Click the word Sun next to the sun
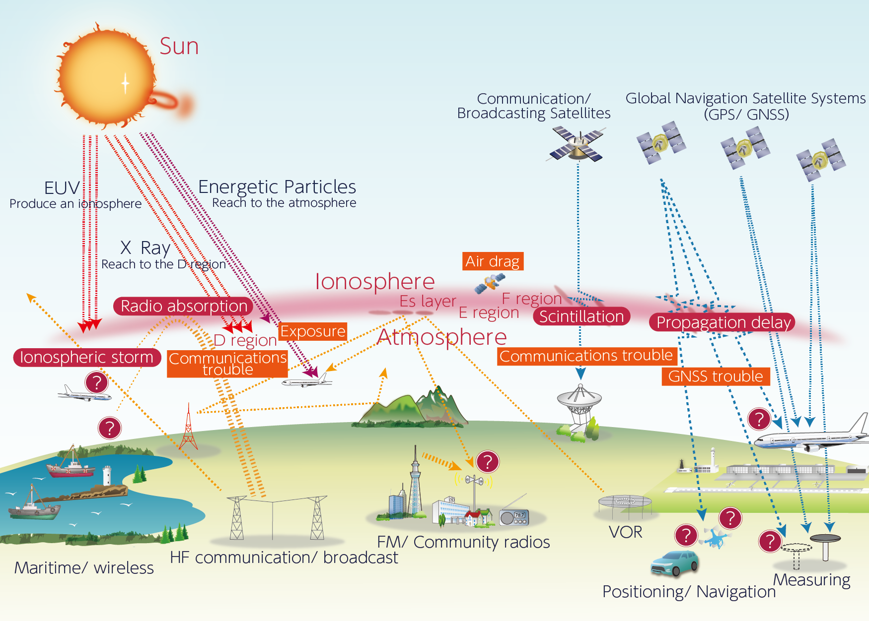point(179,47)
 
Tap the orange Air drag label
point(493,261)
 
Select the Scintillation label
point(581,316)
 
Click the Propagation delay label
point(723,322)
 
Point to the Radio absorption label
point(184,306)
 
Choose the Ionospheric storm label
point(87,357)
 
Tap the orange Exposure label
point(313,331)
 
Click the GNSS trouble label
point(716,376)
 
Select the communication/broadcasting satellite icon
point(578,143)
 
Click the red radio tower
point(188,428)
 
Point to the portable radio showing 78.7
point(514,516)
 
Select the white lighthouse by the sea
point(107,475)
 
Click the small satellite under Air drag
point(490,283)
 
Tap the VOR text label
point(625,532)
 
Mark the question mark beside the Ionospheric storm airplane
point(97,382)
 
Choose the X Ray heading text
point(145,248)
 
